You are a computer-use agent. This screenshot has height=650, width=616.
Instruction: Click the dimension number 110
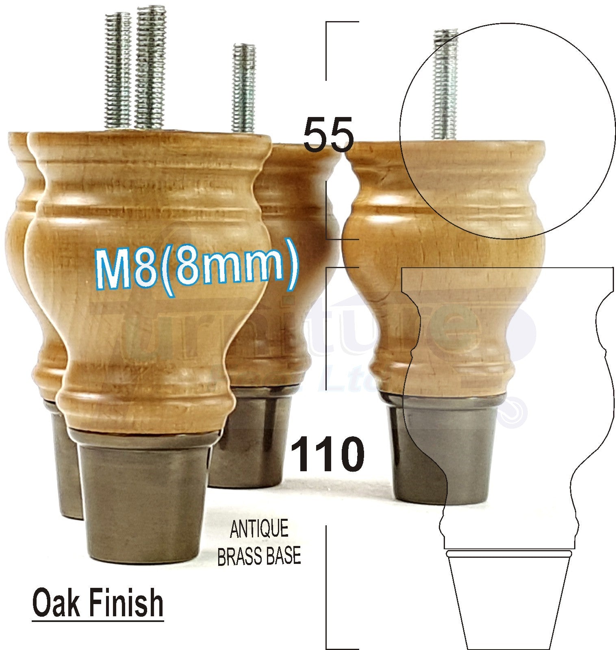pyautogui.click(x=328, y=454)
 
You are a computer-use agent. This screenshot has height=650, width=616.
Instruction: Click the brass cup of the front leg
pyautogui.click(x=142, y=500)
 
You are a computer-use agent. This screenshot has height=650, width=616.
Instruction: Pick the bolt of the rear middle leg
pyautogui.click(x=244, y=87)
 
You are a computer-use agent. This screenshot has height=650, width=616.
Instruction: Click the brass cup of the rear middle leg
pyautogui.click(x=250, y=439)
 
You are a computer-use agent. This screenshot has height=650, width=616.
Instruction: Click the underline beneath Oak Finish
pyautogui.click(x=98, y=620)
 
